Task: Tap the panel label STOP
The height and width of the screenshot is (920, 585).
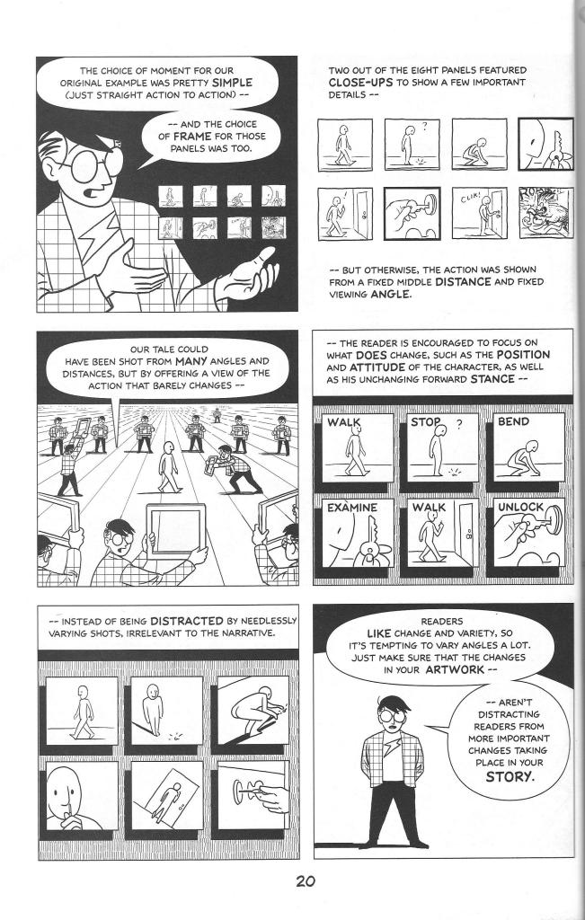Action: [425, 422]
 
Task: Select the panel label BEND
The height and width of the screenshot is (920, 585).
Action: [513, 421]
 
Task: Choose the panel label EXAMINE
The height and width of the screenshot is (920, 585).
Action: [351, 508]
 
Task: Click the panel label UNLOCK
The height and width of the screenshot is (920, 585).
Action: [520, 508]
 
